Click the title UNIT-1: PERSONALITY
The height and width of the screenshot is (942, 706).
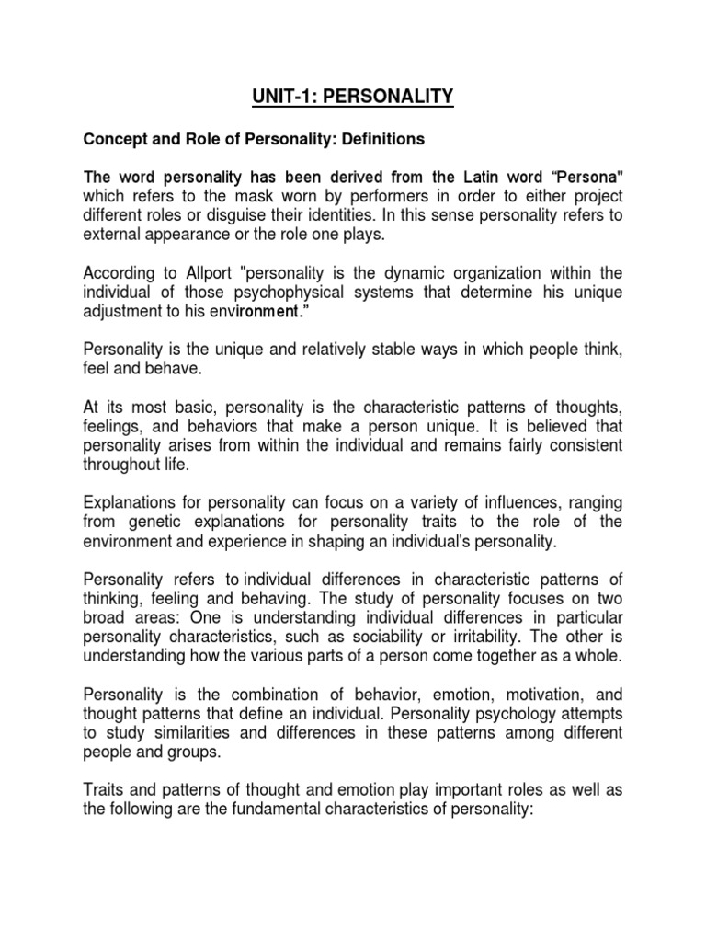pos(353,95)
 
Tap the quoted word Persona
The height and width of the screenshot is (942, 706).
pos(586,176)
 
